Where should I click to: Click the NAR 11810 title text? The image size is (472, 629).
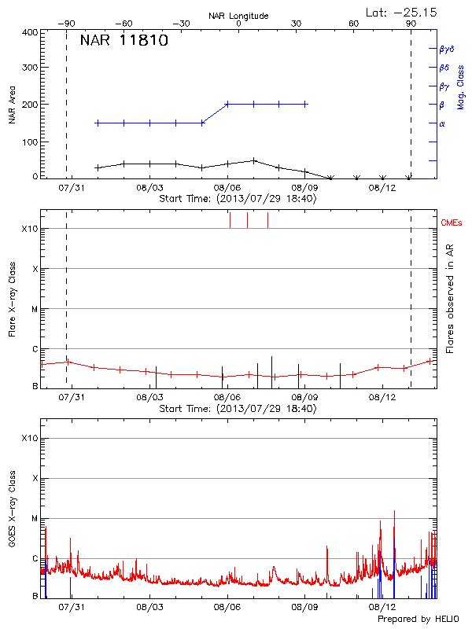[124, 41]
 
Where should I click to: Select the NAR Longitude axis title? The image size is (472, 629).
[238, 16]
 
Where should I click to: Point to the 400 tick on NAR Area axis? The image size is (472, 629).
[30, 33]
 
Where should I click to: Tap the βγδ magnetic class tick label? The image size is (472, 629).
[446, 49]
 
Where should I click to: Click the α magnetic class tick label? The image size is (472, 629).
[442, 123]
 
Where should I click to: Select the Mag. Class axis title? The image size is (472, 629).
[460, 86]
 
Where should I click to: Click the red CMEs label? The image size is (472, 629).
[452, 224]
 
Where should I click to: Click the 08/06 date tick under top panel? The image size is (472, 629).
[227, 188]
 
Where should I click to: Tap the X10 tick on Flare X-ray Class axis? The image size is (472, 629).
[31, 229]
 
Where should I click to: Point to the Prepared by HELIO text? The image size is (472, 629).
[417, 620]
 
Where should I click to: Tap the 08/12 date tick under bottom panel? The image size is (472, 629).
[382, 608]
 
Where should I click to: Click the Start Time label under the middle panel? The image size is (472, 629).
[238, 409]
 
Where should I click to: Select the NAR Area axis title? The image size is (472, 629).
[13, 105]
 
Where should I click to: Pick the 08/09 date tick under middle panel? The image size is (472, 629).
[304, 398]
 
